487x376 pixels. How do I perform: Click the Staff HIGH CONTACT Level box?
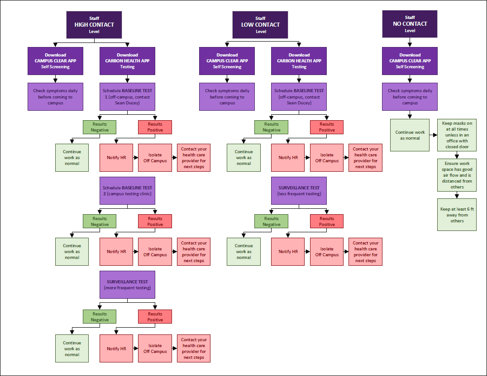click(x=94, y=25)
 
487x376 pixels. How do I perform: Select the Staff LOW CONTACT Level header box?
click(x=261, y=25)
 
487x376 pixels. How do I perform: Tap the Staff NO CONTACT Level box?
click(x=410, y=24)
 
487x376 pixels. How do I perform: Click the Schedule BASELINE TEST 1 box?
click(x=127, y=97)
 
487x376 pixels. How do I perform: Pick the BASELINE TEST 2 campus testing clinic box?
click(x=127, y=191)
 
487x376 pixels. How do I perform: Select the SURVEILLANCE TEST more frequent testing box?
click(x=127, y=285)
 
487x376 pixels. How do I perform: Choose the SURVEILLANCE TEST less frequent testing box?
click(x=299, y=191)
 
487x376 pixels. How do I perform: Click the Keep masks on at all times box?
click(x=457, y=135)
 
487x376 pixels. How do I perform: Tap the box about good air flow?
click(x=457, y=175)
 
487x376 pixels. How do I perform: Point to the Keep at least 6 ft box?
click(x=457, y=215)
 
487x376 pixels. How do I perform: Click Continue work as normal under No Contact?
click(x=410, y=135)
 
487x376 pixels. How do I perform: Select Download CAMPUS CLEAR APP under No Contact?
click(x=410, y=61)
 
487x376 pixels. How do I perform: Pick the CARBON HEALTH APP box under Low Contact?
click(x=299, y=61)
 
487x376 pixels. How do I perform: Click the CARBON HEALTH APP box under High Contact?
click(x=127, y=61)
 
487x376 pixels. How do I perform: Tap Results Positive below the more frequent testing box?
click(x=155, y=316)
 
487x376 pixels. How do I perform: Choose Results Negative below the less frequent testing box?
click(x=271, y=221)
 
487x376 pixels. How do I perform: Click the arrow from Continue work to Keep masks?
click(x=433, y=135)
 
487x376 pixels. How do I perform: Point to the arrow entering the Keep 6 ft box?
click(x=457, y=195)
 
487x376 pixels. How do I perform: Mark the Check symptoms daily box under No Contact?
click(x=410, y=97)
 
